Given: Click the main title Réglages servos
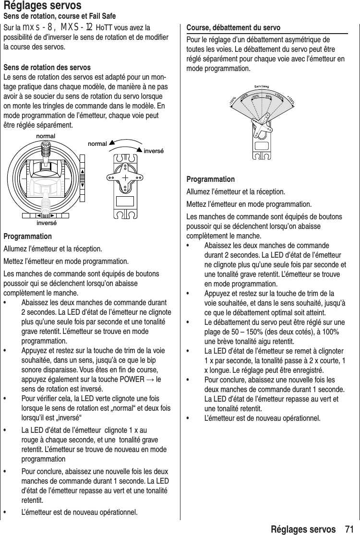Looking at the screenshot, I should [42, 6].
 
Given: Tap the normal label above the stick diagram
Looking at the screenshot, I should [46, 137].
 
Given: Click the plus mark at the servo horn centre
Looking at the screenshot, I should [127, 178].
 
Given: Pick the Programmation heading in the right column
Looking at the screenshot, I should [210, 179].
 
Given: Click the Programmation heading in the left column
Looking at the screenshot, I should [28, 237].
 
